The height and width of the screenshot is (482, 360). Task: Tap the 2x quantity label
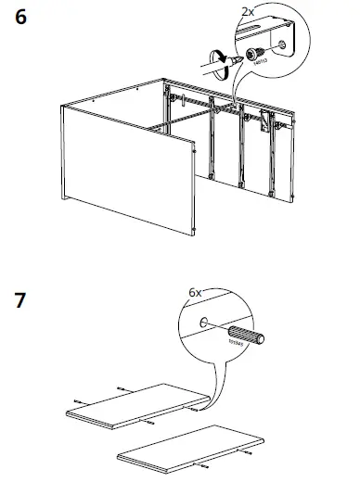point(247,11)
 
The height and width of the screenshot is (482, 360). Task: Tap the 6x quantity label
point(194,291)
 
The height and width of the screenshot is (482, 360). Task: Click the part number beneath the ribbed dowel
point(237,346)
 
